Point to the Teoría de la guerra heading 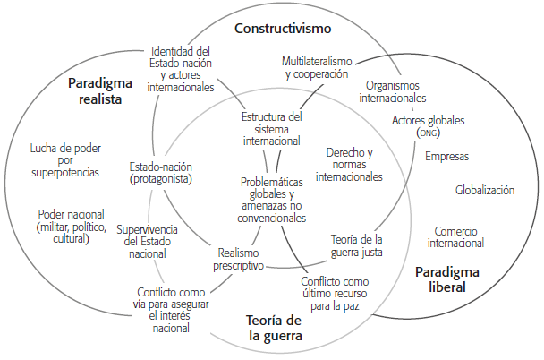[x=274, y=329]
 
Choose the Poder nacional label [x=71, y=227]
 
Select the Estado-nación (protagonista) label [x=161, y=173]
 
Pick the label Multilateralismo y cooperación [x=318, y=68]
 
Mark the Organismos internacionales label [x=392, y=91]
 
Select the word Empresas [x=446, y=157]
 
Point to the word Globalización [x=485, y=191]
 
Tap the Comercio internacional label [x=455, y=236]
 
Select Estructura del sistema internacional [x=272, y=128]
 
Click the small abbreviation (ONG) [x=428, y=133]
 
